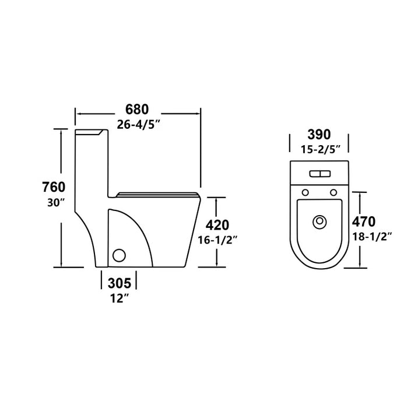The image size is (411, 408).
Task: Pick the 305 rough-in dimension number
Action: tap(120, 284)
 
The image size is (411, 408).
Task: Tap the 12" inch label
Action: tap(120, 299)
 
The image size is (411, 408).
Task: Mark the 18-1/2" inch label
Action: tap(372, 236)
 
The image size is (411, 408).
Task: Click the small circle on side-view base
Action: tap(119, 255)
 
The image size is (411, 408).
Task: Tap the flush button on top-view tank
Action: tap(319, 173)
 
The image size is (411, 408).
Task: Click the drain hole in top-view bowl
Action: tap(319, 221)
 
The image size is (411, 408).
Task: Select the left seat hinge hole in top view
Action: tap(304, 193)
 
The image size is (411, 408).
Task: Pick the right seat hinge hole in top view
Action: tap(333, 193)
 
